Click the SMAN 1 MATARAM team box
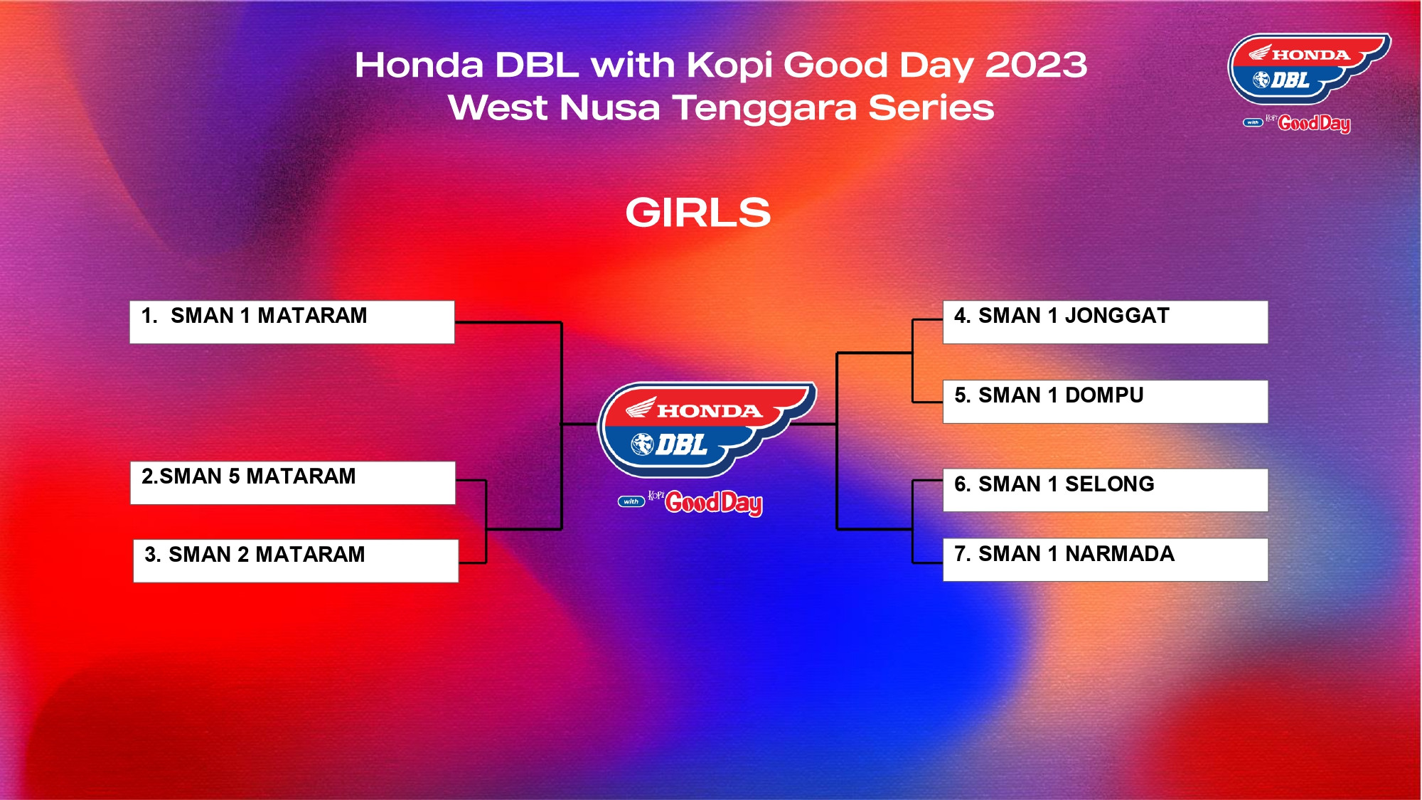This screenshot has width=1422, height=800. point(292,322)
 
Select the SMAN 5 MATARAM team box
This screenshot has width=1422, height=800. point(293,483)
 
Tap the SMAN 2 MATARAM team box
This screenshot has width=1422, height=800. point(296,561)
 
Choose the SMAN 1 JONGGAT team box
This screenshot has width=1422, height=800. point(1106,322)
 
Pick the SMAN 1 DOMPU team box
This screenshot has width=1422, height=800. point(1106,402)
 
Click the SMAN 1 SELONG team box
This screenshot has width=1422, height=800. point(1106,490)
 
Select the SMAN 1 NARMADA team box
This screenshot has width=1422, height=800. point(1106,560)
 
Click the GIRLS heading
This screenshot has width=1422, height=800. point(698,213)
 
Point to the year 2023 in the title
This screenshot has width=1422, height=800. point(1036,65)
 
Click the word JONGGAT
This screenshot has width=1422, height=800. point(1117,316)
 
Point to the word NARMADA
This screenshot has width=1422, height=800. point(1120,554)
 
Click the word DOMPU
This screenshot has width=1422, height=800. point(1104,395)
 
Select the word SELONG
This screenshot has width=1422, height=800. point(1110,484)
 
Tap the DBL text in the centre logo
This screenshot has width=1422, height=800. point(681,445)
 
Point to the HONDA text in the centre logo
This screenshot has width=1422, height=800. point(710,411)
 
